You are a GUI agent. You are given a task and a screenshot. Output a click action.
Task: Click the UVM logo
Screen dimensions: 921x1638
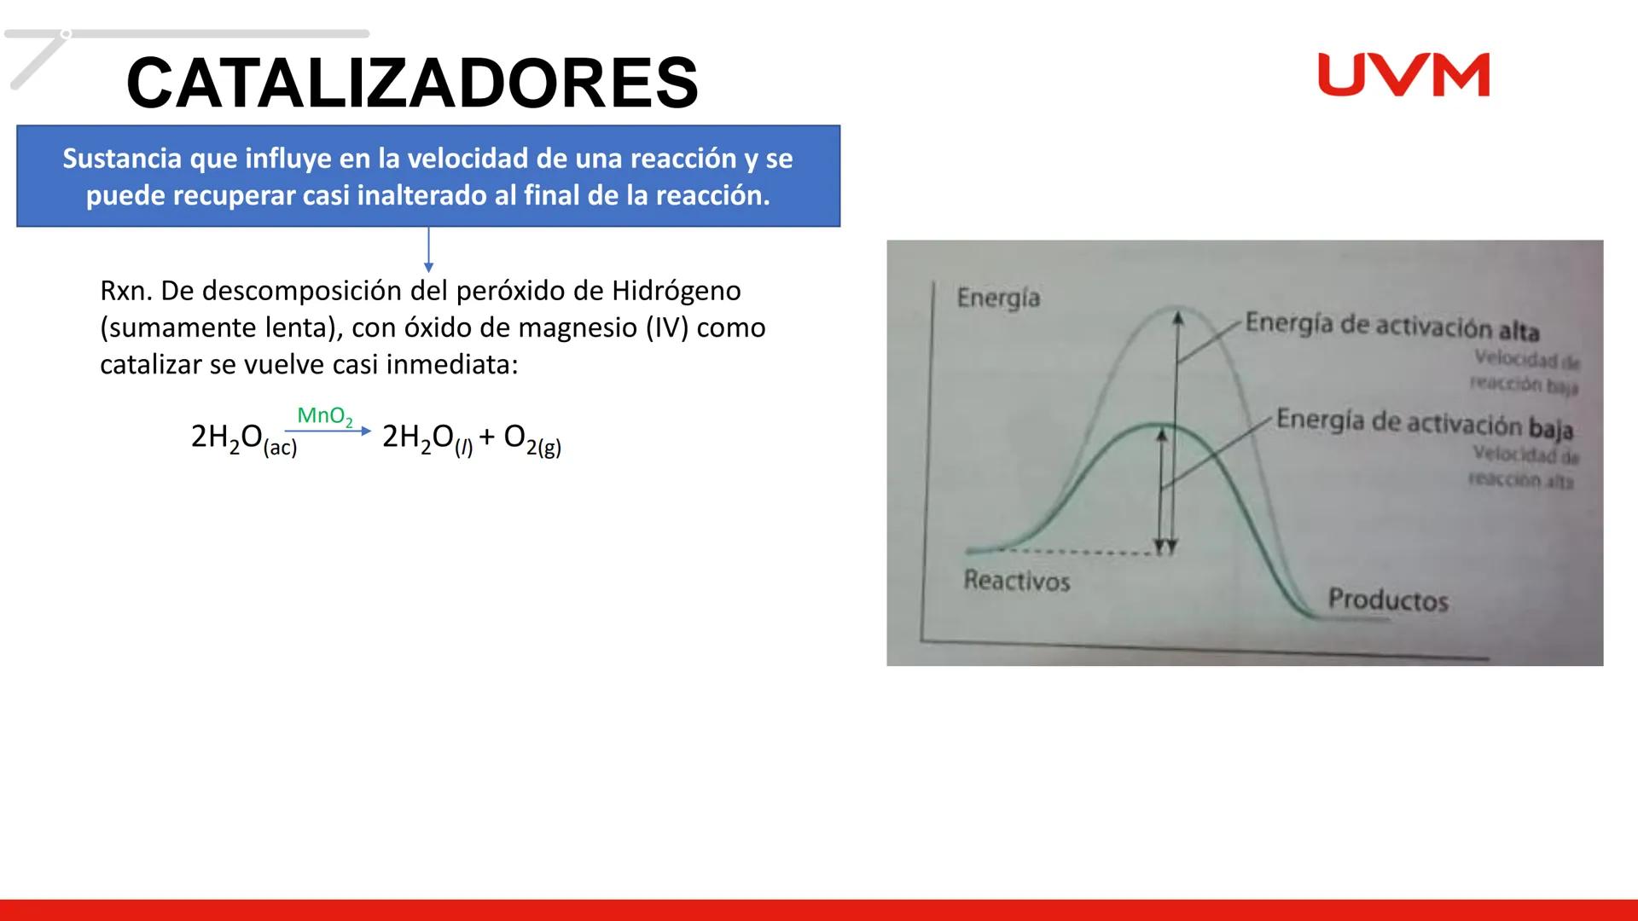point(1403,75)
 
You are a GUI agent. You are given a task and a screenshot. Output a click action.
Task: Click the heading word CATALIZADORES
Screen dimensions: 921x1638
point(412,83)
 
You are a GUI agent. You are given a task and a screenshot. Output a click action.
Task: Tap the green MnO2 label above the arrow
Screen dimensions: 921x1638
point(324,416)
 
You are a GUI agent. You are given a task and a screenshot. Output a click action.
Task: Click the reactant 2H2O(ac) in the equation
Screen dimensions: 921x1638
point(244,438)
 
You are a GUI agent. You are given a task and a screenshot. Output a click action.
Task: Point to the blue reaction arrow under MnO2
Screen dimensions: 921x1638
point(328,432)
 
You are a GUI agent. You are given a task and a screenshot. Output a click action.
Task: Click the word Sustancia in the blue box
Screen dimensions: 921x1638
point(122,159)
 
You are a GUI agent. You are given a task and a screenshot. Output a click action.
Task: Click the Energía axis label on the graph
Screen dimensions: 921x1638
point(998,298)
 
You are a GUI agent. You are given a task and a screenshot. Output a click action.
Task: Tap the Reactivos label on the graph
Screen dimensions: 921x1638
point(1016,582)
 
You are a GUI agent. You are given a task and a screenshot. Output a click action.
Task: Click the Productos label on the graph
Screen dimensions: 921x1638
point(1388,600)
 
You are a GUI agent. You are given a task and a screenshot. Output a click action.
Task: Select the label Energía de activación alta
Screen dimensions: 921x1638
point(1391,325)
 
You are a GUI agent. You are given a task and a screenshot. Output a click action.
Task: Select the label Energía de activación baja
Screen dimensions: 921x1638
point(1424,423)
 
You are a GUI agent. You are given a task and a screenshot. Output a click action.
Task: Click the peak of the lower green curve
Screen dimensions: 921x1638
point(1152,424)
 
